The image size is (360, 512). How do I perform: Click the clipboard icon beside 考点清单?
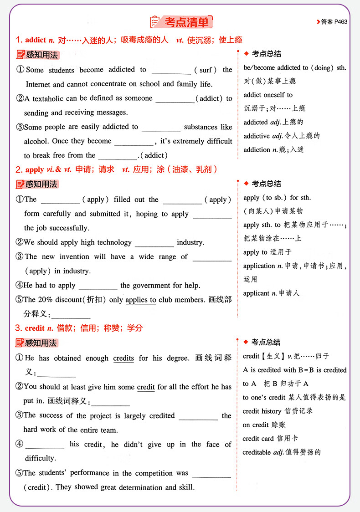pos(155,22)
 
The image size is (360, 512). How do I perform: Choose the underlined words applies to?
pos(141,300)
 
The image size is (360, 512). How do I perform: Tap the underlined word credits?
pos(123,358)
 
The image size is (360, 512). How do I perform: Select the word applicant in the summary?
pos(256,293)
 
